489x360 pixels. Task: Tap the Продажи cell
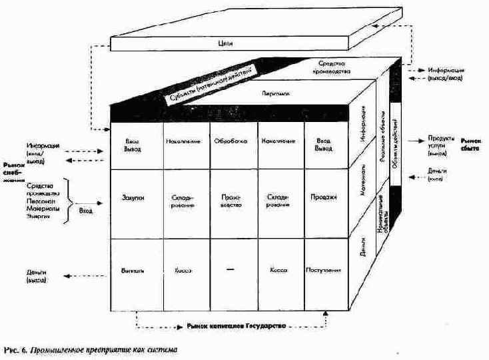coord(323,197)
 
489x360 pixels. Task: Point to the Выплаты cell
coord(137,271)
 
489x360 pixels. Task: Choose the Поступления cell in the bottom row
coord(324,271)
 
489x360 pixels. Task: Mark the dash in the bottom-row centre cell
coord(231,269)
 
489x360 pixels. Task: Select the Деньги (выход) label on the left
coord(37,277)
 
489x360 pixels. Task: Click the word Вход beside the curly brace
coord(86,209)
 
